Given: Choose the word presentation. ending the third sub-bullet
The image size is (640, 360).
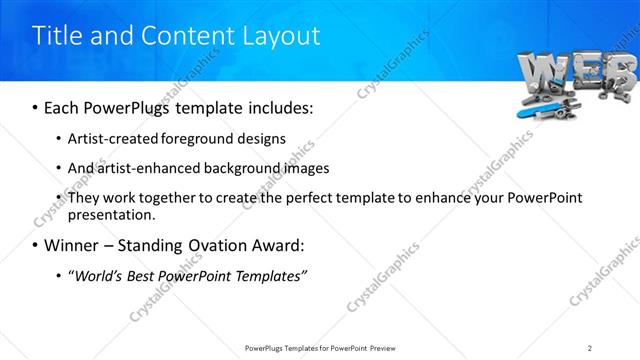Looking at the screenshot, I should coord(112,214).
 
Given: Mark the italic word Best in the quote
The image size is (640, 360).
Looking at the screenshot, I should coord(153,275).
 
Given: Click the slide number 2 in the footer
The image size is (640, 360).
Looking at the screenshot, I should coord(590,348).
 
